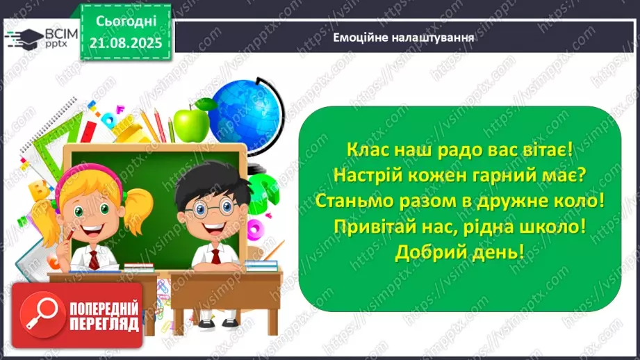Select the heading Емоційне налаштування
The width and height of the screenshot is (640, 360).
point(404,38)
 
